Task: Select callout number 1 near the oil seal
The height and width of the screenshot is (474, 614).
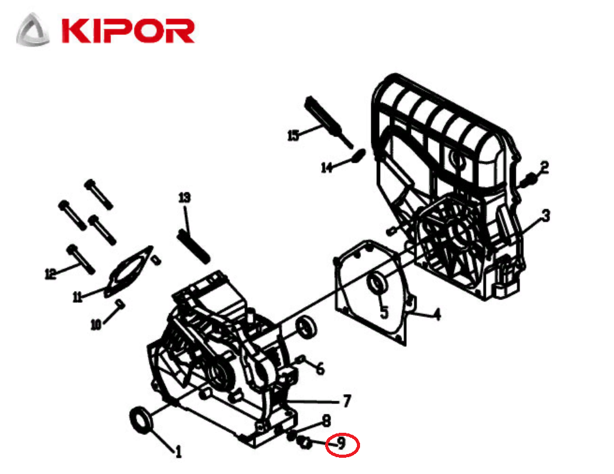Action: click(178, 451)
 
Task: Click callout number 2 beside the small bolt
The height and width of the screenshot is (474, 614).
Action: click(544, 167)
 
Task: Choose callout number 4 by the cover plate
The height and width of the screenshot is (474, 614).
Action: click(437, 314)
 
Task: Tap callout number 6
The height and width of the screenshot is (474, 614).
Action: click(320, 368)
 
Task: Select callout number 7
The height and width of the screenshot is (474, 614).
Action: click(347, 400)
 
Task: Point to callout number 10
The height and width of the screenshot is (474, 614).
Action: click(95, 324)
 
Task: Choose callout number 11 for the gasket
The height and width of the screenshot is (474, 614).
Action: click(77, 297)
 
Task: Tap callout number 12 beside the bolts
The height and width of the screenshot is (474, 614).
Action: click(51, 272)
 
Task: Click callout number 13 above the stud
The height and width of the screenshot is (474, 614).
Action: click(184, 198)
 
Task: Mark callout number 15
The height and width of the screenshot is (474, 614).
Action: click(293, 135)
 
